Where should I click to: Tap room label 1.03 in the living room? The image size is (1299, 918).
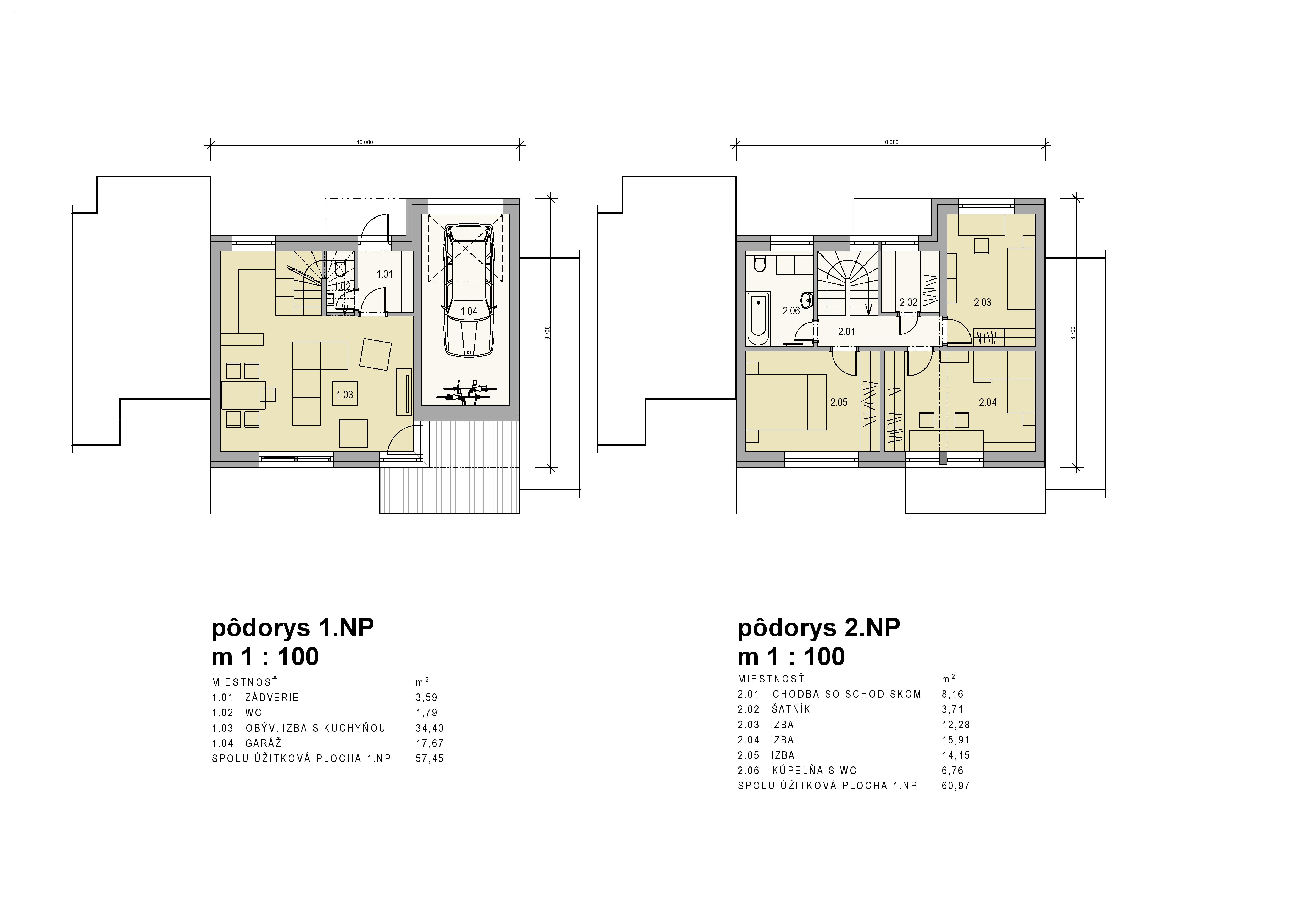344,395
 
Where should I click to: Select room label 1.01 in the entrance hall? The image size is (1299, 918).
385,274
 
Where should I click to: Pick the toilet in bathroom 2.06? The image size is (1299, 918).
759,264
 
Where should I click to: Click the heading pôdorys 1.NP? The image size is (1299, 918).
293,628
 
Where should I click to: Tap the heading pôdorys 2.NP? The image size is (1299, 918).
819,628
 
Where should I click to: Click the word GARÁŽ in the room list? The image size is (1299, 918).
264,743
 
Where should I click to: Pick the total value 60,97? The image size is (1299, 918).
956,786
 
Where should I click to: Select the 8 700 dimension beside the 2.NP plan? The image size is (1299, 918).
1073,333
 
